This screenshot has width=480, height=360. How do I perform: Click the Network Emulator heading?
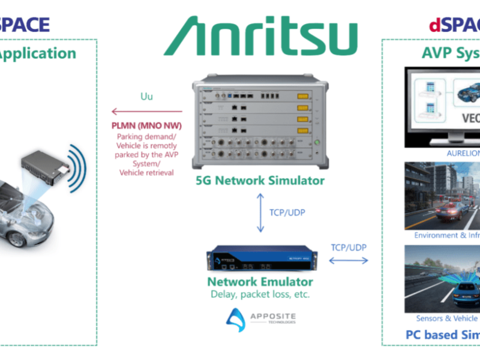pyautogui.click(x=260, y=281)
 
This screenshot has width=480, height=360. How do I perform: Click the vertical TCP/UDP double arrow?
pyautogui.click(x=260, y=213)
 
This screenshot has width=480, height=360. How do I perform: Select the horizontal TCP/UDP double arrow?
pyautogui.click(x=349, y=260)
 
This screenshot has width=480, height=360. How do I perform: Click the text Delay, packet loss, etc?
pyautogui.click(x=260, y=295)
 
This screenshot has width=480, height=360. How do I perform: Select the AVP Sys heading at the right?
pyautogui.click(x=447, y=54)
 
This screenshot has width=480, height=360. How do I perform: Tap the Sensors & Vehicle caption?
pyautogui.click(x=447, y=318)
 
